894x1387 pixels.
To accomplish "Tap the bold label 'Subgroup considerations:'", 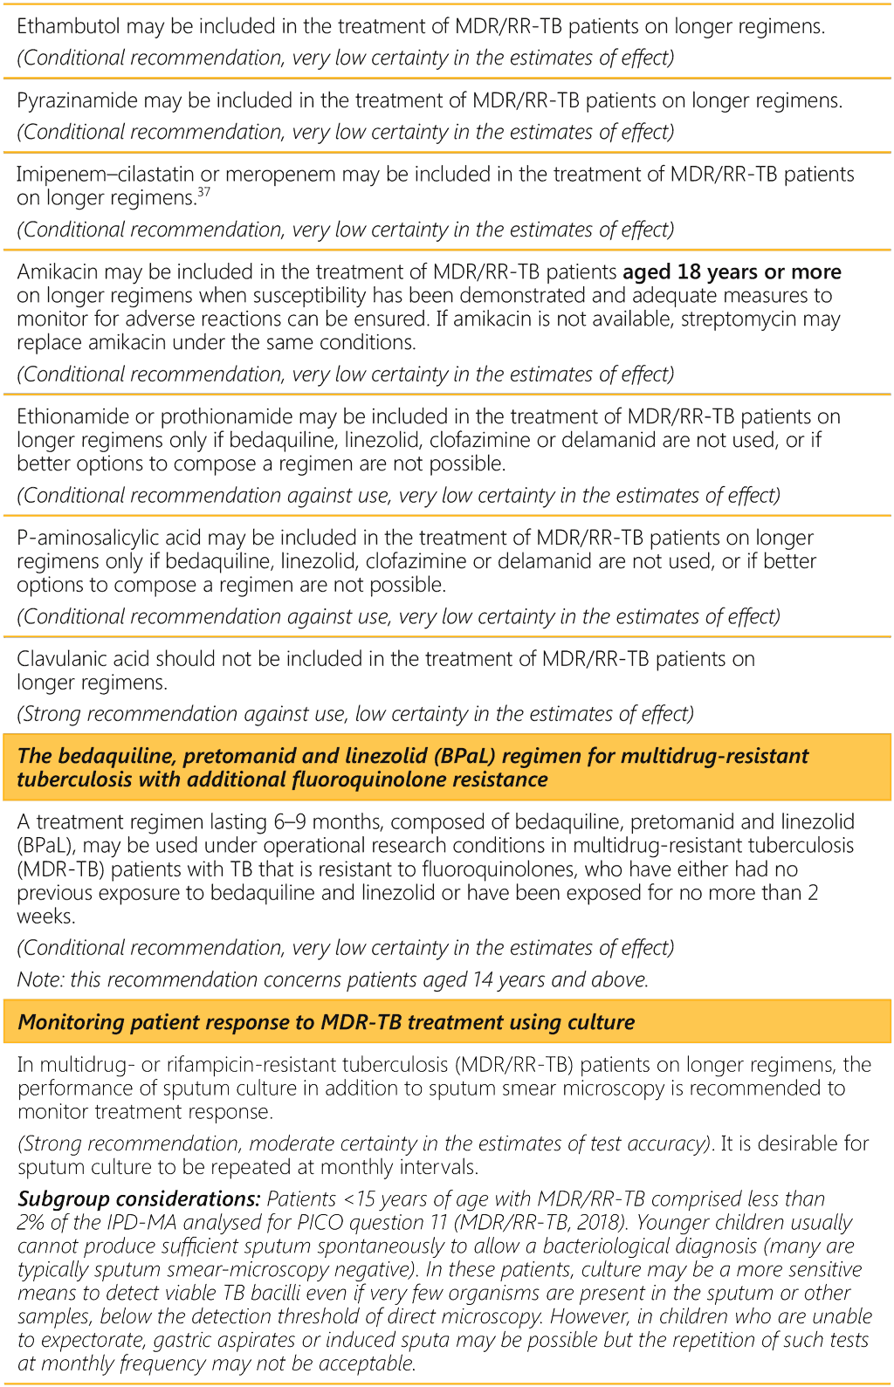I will point(139,1199).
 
